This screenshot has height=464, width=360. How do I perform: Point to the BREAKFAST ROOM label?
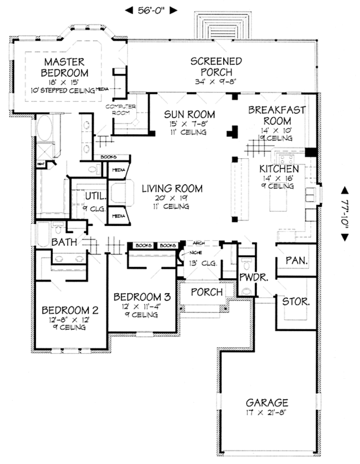tap(277, 115)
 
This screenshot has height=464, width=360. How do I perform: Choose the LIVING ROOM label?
tap(172, 188)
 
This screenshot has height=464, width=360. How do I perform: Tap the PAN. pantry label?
tap(296, 261)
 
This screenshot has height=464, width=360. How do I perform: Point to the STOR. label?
tap(296, 302)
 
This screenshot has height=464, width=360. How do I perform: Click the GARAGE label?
tap(267, 402)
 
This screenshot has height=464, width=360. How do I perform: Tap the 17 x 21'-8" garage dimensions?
tap(267, 413)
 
